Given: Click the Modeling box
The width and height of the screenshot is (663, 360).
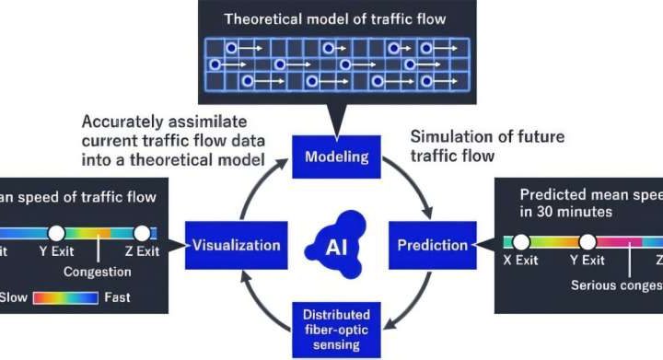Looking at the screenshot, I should point(336,157).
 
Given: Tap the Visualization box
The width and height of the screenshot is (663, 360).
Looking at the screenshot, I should point(236,245).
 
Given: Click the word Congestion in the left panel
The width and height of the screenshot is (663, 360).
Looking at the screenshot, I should point(97,272).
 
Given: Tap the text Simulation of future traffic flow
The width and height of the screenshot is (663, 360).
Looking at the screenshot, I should point(486,145).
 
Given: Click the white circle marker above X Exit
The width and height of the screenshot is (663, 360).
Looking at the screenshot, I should point(521,242).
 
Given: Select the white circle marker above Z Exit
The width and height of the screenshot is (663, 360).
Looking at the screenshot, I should point(142,232).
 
